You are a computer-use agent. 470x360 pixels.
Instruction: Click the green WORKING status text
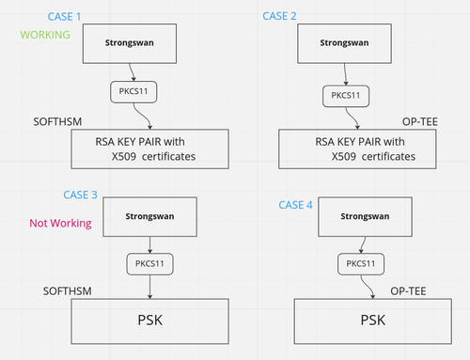[x=45, y=35]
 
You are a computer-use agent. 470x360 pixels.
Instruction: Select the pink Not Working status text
[x=60, y=224]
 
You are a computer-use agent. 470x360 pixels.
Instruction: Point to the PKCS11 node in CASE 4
[x=361, y=264]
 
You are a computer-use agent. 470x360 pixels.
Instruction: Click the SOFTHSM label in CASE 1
[x=58, y=123]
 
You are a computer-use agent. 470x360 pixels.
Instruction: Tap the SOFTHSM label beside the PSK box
[x=68, y=292]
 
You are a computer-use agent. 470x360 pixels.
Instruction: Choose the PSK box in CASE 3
[x=151, y=321]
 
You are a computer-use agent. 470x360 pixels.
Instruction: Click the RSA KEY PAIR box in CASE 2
[x=360, y=148]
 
